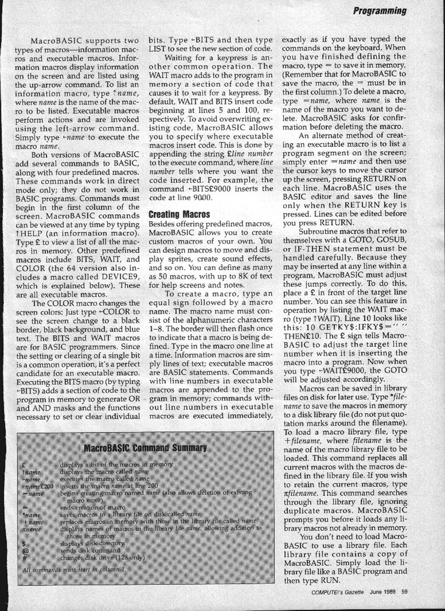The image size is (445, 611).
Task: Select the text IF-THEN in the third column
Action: coord(311,270)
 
